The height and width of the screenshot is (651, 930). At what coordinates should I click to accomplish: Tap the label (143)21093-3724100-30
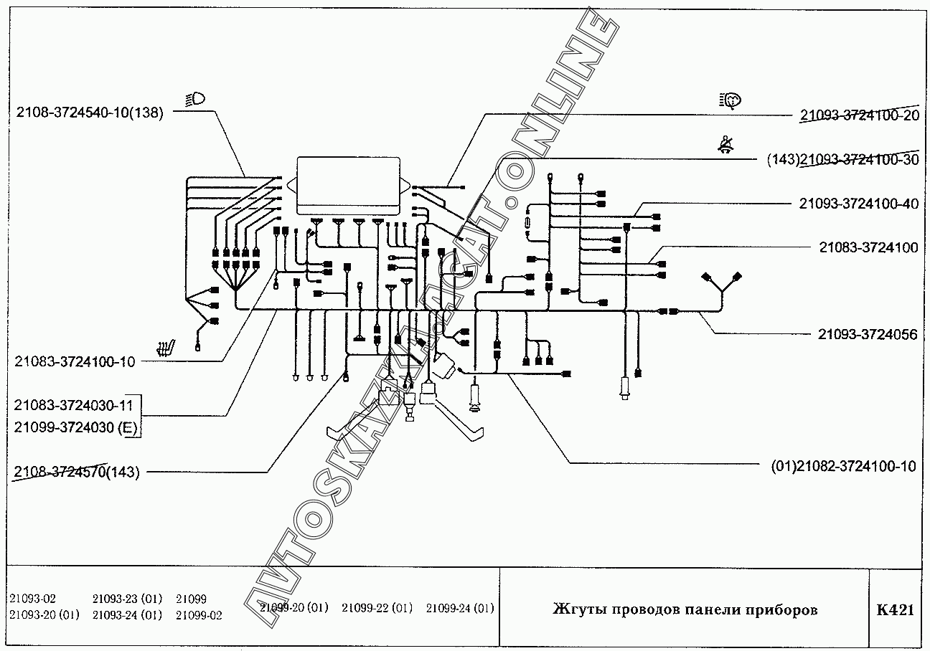tap(842, 159)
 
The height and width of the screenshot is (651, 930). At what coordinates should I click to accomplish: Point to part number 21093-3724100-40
tap(858, 204)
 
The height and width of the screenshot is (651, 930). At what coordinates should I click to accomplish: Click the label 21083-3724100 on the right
tap(868, 247)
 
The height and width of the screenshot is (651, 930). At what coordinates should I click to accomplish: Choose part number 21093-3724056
tap(868, 334)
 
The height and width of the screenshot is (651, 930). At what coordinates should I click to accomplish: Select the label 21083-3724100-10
tap(75, 361)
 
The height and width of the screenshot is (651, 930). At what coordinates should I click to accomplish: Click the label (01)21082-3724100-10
tap(843, 466)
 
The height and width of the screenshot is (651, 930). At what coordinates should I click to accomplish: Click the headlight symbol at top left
tap(194, 100)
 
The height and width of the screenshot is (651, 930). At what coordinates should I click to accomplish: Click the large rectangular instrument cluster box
tap(349, 185)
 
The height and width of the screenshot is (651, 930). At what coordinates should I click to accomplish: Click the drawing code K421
tap(895, 610)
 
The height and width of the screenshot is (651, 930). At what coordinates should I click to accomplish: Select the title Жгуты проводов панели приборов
tap(685, 610)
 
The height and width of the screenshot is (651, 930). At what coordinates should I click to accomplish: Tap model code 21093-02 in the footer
tap(33, 599)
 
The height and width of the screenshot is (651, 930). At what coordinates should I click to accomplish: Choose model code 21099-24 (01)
tap(460, 608)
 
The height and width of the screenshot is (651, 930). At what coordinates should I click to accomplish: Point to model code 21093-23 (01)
tap(128, 599)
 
